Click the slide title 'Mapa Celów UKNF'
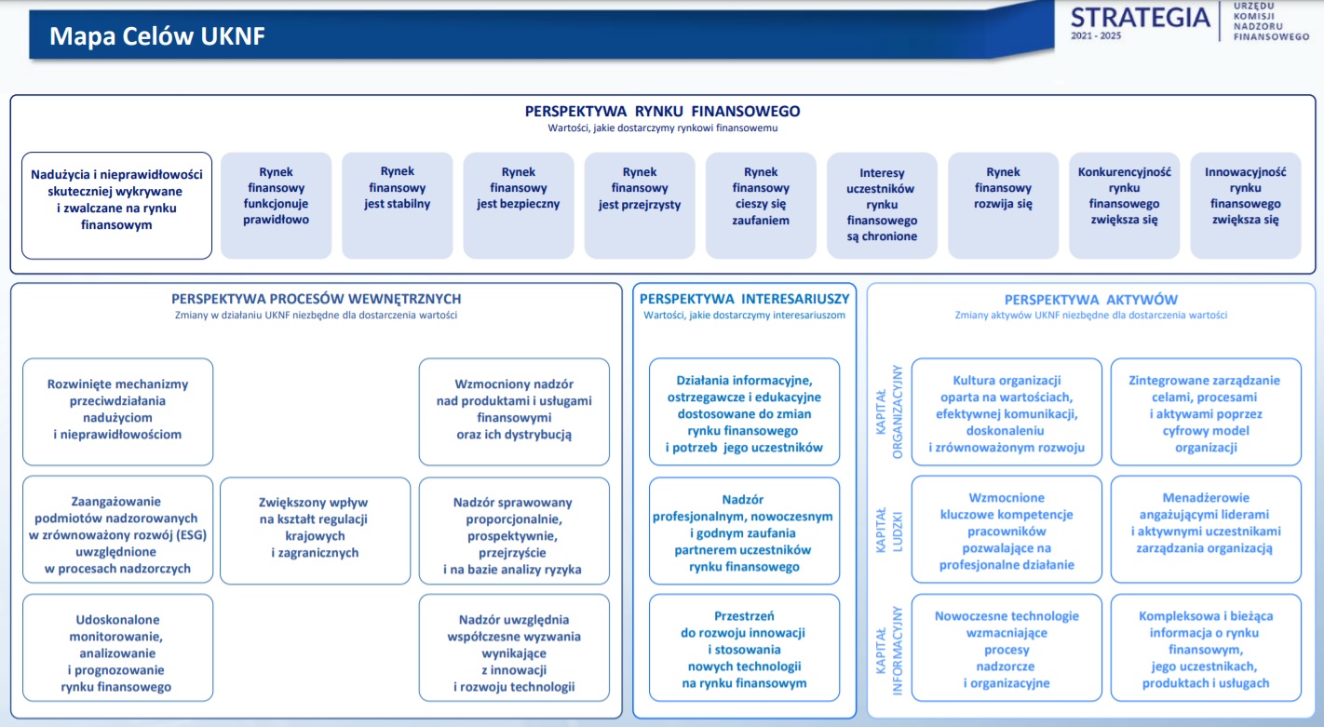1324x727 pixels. pyautogui.click(x=156, y=36)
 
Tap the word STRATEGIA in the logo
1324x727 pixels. pyautogui.click(x=1141, y=17)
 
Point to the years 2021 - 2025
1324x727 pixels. pyautogui.click(x=1096, y=36)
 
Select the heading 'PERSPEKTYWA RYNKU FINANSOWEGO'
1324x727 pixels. pyautogui.click(x=663, y=111)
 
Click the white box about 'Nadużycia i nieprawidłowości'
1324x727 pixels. pyautogui.click(x=117, y=206)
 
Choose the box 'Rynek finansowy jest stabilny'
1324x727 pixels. pyautogui.click(x=398, y=206)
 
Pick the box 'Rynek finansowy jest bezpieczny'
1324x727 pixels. pyautogui.click(x=519, y=206)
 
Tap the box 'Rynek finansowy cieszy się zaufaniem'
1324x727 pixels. pyautogui.click(x=761, y=206)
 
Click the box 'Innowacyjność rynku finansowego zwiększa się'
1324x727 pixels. pyautogui.click(x=1246, y=206)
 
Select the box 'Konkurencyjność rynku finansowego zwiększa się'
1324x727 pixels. pyautogui.click(x=1124, y=206)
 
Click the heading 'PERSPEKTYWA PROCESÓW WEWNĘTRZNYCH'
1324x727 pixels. pyautogui.click(x=317, y=299)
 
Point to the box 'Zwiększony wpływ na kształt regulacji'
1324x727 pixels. pyautogui.click(x=315, y=531)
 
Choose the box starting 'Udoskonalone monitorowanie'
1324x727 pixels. pyautogui.click(x=117, y=648)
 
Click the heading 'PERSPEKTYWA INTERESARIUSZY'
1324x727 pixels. pyautogui.click(x=744, y=299)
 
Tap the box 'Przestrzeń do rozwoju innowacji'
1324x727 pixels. pyautogui.click(x=744, y=648)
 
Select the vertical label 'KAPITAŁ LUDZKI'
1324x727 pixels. pyautogui.click(x=889, y=530)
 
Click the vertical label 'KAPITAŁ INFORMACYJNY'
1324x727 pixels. pyautogui.click(x=889, y=650)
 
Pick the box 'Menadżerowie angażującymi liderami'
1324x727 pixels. pyautogui.click(x=1206, y=530)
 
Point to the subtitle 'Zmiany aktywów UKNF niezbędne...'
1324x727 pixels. pyautogui.click(x=1090, y=315)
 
